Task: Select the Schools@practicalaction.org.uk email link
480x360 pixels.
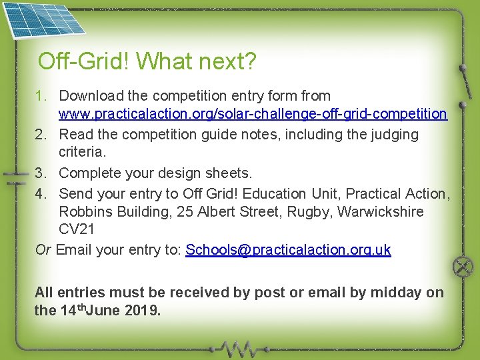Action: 288,250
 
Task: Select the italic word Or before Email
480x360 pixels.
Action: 43,250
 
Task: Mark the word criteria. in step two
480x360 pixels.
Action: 83,153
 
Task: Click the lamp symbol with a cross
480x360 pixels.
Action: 463,268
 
